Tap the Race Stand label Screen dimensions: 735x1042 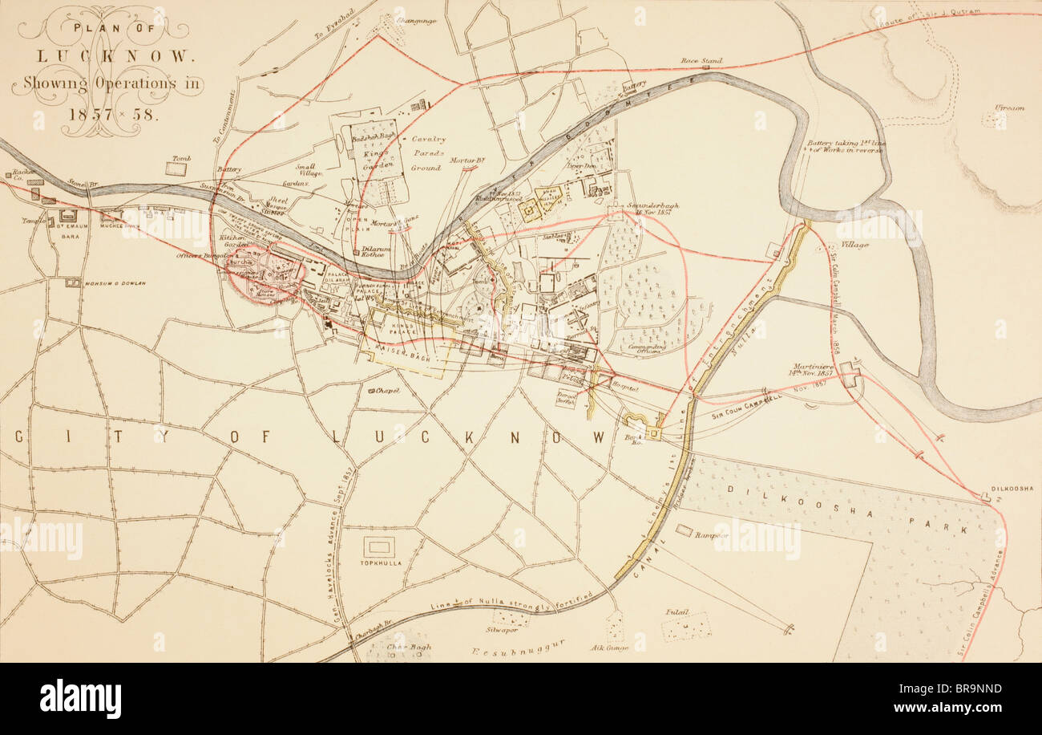point(701,60)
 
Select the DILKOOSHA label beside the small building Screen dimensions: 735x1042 point(1016,488)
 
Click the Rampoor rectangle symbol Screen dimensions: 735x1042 point(684,530)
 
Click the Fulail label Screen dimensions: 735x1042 point(677,611)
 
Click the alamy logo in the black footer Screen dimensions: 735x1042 point(80,699)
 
